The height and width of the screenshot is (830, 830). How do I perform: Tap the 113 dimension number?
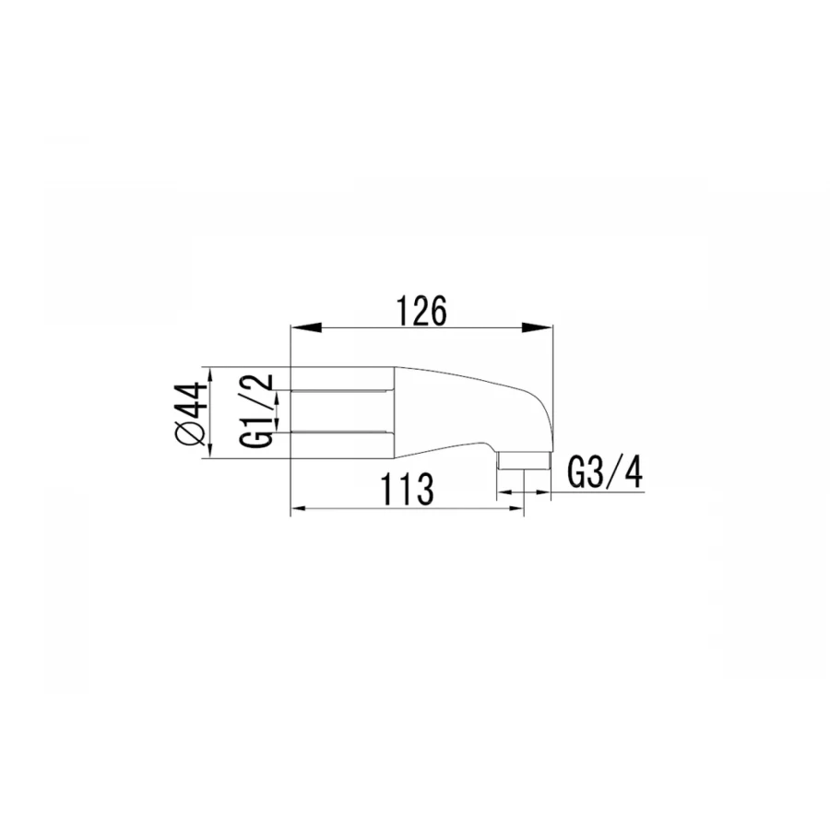click(408, 489)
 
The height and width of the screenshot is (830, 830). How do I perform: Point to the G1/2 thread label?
click(256, 410)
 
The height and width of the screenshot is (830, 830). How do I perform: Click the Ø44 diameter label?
click(191, 413)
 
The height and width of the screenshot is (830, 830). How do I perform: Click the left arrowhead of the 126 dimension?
click(306, 327)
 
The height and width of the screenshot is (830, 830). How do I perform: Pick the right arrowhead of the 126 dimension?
click(537, 327)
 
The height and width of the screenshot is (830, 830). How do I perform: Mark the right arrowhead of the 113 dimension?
click(515, 508)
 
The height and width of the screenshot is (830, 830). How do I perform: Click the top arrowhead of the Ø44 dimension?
click(209, 374)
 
